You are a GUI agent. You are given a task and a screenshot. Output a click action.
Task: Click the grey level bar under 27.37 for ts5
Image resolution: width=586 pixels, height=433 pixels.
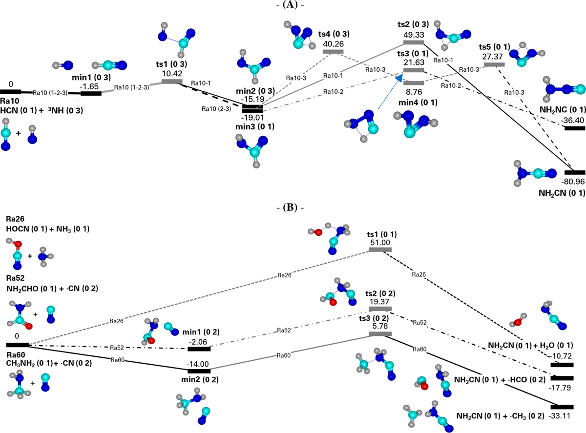pos(494,64)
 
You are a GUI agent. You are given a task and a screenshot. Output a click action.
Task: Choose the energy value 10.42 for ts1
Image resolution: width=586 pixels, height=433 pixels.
pos(171,73)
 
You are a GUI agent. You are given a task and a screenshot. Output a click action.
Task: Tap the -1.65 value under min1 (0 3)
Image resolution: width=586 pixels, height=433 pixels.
pos(90,85)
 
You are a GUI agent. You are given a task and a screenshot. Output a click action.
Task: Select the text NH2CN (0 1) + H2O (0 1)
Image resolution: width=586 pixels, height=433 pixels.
pos(530,345)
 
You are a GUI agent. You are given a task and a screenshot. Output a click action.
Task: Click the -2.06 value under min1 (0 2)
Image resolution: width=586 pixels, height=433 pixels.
pos(199,340)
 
